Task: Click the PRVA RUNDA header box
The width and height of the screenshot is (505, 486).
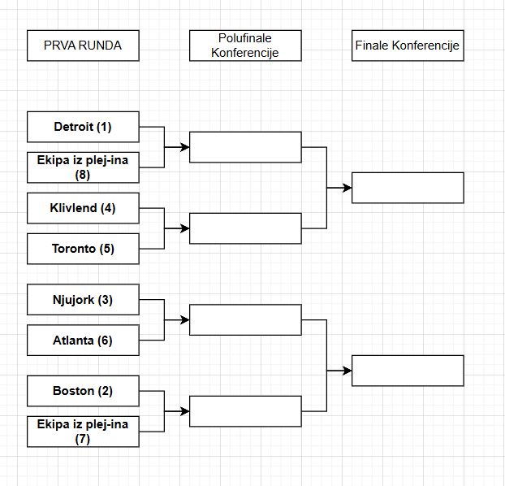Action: [x=83, y=46]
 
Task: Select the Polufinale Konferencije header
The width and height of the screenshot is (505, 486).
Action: [x=245, y=46]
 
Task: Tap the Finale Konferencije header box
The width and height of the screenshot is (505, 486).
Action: [x=408, y=46]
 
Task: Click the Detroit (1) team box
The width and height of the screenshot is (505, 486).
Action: [x=83, y=127]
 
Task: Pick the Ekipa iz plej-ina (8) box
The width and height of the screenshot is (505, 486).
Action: [x=83, y=167]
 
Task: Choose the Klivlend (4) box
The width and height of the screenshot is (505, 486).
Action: [x=83, y=208]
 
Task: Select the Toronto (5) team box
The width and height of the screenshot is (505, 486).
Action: [x=83, y=249]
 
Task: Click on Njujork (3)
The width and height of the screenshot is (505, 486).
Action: [x=83, y=300]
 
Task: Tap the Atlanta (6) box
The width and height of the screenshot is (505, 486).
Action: [x=83, y=341]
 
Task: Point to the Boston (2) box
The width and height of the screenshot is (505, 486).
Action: [x=83, y=391]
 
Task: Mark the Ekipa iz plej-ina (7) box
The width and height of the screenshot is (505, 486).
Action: [x=83, y=432]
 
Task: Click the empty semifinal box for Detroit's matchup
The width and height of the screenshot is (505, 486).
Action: [x=245, y=147]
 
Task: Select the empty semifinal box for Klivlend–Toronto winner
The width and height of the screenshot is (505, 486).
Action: [x=245, y=228]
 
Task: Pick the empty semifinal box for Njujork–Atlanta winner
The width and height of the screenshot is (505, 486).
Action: [x=245, y=320]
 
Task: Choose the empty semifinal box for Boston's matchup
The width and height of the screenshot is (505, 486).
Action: [x=245, y=411]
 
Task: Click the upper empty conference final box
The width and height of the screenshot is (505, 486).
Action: [x=408, y=188]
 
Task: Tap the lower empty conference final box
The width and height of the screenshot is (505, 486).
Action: [x=408, y=371]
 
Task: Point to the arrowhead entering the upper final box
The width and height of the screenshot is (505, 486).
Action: [x=347, y=188]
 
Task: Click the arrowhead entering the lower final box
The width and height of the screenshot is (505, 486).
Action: [x=347, y=371]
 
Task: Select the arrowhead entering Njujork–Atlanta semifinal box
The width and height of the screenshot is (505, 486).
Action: [x=184, y=320]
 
